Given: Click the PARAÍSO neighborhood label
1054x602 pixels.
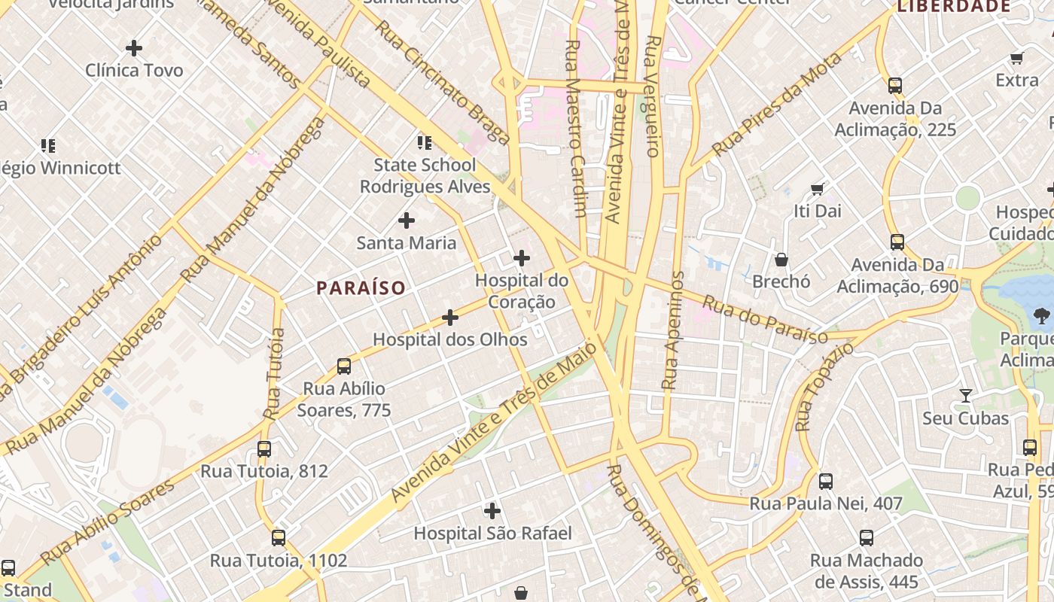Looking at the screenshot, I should pyautogui.click(x=361, y=287).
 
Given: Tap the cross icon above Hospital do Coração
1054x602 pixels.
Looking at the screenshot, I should pyautogui.click(x=521, y=258).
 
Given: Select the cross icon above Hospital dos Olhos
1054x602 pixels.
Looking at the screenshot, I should pyautogui.click(x=450, y=318).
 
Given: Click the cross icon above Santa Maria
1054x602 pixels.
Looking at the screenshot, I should pyautogui.click(x=407, y=220).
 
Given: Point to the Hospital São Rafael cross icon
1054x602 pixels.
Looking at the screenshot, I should pyautogui.click(x=492, y=511).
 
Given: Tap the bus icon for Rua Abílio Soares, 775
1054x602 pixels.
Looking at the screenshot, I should pyautogui.click(x=344, y=366).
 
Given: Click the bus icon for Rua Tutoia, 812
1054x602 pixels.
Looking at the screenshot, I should pyautogui.click(x=264, y=449).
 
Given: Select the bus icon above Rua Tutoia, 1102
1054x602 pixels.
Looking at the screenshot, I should pyautogui.click(x=279, y=538).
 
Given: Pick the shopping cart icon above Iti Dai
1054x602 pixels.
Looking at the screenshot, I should pyautogui.click(x=817, y=189).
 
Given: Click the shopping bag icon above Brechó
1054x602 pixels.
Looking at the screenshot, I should pyautogui.click(x=781, y=260).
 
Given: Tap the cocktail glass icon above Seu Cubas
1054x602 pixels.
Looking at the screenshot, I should pyautogui.click(x=965, y=396).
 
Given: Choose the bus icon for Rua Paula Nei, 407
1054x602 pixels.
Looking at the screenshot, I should pyautogui.click(x=826, y=482).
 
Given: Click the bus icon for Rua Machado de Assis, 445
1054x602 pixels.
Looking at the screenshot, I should pyautogui.click(x=867, y=538).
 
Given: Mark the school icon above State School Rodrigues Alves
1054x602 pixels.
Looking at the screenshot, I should pyautogui.click(x=425, y=142).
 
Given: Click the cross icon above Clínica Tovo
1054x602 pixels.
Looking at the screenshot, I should pyautogui.click(x=134, y=48).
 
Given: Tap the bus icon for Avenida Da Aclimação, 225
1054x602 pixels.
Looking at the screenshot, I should pyautogui.click(x=894, y=86).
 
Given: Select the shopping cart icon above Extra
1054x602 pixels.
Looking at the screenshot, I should pyautogui.click(x=1016, y=58).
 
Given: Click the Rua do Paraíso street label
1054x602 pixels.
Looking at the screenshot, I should pyautogui.click(x=764, y=319).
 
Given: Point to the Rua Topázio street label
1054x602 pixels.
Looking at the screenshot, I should pyautogui.click(x=824, y=385).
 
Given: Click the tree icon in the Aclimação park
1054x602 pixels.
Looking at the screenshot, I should pyautogui.click(x=1042, y=315).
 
